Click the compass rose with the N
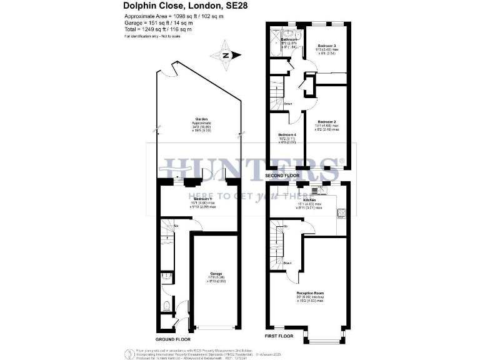[226, 56]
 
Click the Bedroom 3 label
[327, 46]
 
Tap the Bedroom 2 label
[327, 121]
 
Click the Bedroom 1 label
[200, 199]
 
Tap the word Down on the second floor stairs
[288, 104]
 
